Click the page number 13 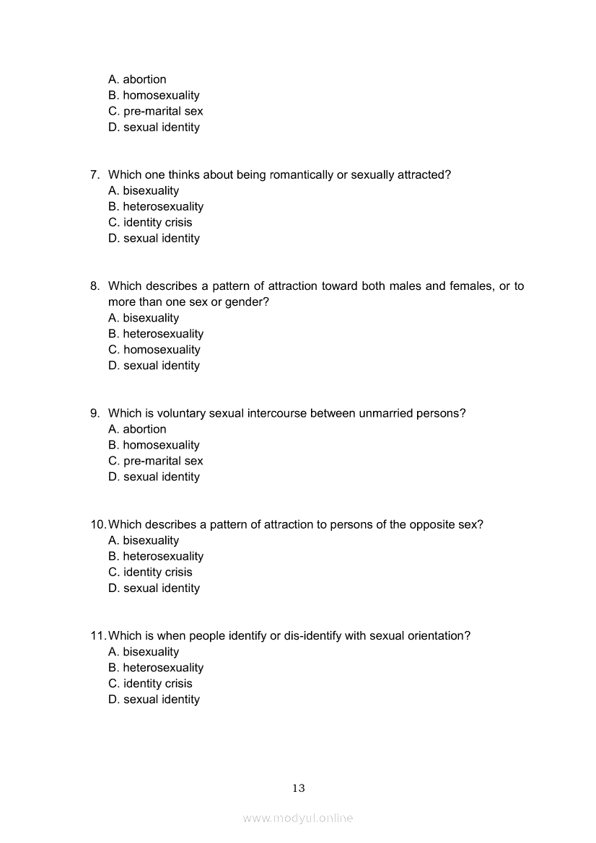299,788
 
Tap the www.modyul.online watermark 298,818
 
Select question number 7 95,175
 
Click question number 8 95,286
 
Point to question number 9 95,413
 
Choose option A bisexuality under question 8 144,318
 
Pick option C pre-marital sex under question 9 155,461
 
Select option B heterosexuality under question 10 156,556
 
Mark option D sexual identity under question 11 154,699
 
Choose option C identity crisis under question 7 150,223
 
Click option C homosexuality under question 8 154,350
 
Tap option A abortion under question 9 137,429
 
